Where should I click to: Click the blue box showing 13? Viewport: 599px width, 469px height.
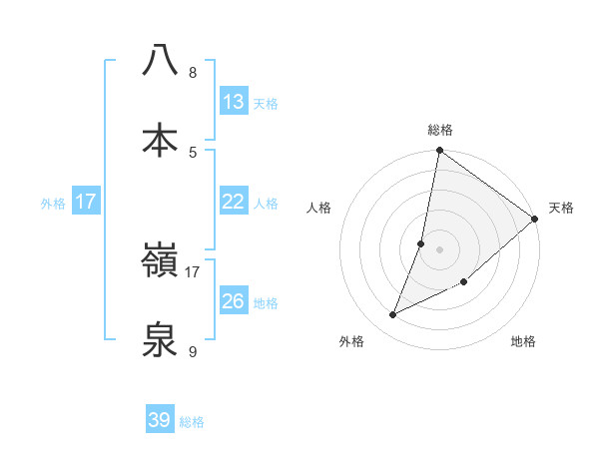point(234,102)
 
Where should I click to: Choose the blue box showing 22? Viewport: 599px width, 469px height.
point(234,202)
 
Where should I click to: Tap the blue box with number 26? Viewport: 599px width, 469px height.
point(234,301)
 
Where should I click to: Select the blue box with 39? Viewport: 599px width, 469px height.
point(160,420)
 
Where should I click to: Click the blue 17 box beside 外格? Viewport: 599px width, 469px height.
point(86,202)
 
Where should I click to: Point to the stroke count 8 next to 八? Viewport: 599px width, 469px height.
point(193,73)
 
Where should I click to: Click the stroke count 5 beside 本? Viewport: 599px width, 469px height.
point(193,152)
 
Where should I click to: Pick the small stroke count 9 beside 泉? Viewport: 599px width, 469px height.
point(193,351)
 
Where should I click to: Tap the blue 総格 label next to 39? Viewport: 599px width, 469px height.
point(192,422)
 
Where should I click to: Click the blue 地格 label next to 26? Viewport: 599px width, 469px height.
point(266,303)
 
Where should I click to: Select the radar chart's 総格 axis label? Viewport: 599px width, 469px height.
point(440,130)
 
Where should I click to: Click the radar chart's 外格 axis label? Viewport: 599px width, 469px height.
point(351,341)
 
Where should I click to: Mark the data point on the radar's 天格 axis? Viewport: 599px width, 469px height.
point(535,221)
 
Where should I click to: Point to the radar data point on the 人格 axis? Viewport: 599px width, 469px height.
point(421,243)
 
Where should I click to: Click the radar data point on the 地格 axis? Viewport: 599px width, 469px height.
point(463,281)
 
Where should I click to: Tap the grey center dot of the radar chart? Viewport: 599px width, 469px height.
point(440,249)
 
